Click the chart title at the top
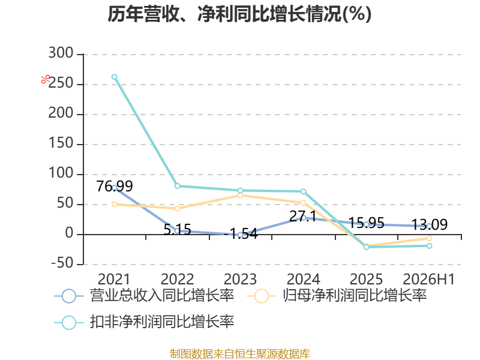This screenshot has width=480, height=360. click(x=239, y=14)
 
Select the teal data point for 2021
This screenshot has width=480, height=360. click(x=114, y=77)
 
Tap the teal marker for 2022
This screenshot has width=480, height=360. click(x=177, y=186)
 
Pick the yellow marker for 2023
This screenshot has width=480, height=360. click(x=241, y=196)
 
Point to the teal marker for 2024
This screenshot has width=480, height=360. click(x=304, y=191)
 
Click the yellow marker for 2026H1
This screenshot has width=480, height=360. click(x=429, y=238)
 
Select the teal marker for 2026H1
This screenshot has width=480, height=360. click(x=429, y=246)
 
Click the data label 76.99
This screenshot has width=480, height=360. click(x=115, y=186)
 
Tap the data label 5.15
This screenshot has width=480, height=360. click(x=177, y=229)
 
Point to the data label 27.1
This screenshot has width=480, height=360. click(x=303, y=216)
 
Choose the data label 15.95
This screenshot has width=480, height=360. click(x=367, y=223)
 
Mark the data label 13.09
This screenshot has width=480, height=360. click(x=430, y=224)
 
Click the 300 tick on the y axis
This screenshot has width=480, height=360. click(x=61, y=53)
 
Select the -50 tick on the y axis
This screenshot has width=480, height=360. click(x=62, y=263)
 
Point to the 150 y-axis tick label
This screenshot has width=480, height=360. click(x=61, y=143)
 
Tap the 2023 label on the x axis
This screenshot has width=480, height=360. click(x=241, y=279)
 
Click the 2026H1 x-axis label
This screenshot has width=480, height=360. click(x=429, y=279)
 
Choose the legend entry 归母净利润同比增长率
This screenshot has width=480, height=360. click(x=337, y=296)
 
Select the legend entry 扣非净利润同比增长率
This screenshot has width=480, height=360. click(x=144, y=322)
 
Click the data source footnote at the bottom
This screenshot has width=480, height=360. click(x=240, y=354)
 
